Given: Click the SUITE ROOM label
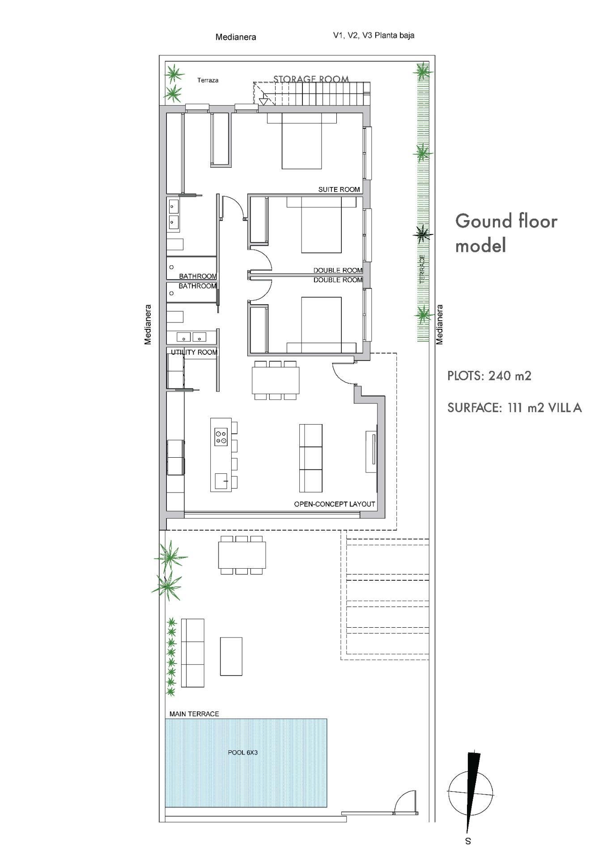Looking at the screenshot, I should [x=339, y=189].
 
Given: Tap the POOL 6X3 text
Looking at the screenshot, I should [x=242, y=753].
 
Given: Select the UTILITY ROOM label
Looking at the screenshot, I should [x=194, y=352].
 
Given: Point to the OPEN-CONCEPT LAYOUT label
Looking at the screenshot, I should [x=334, y=504].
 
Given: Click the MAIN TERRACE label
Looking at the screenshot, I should [x=194, y=714].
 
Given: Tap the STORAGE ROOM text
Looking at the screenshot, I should [x=311, y=79].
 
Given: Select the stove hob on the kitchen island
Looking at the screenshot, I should [x=221, y=437].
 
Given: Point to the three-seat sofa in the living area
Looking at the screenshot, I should [x=310, y=458].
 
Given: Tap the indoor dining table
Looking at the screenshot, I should [x=276, y=380].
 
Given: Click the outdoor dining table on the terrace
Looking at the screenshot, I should [x=242, y=555].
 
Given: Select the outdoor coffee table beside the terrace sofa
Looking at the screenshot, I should [x=231, y=656].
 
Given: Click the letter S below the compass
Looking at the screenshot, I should [x=468, y=841].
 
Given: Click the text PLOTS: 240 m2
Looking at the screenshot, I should [x=489, y=375].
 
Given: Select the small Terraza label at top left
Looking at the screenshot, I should [x=208, y=80].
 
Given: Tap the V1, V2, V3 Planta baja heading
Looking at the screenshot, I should [x=374, y=35].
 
